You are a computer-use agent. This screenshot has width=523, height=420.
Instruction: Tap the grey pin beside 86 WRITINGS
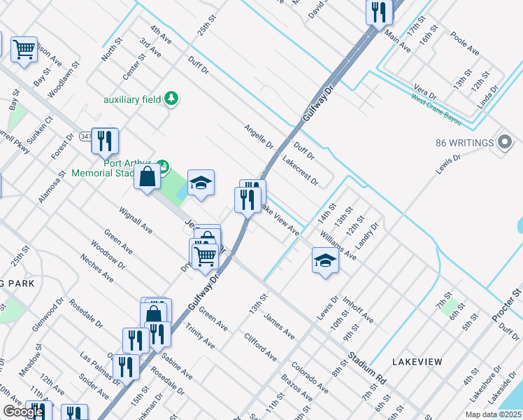click(505, 143)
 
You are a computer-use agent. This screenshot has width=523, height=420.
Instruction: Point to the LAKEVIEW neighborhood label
click(417, 361)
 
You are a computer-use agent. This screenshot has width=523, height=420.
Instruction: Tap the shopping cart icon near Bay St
click(24, 49)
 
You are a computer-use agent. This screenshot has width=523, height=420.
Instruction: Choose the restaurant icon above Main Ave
click(378, 12)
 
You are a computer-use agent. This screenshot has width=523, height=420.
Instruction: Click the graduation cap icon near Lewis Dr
click(325, 260)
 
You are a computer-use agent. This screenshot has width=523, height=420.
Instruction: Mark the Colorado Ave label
click(310, 377)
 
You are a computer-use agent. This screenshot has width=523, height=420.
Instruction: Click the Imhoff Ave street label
click(357, 311)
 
